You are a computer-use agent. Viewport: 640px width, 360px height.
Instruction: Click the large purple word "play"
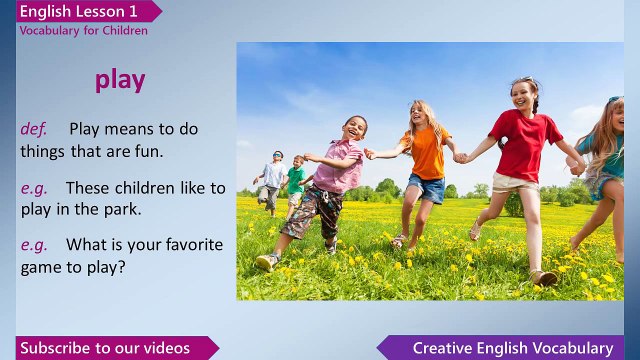[120, 80]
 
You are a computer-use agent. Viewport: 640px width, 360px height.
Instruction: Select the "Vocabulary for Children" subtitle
[83, 31]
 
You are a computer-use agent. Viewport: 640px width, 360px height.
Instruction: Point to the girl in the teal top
[606, 150]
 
